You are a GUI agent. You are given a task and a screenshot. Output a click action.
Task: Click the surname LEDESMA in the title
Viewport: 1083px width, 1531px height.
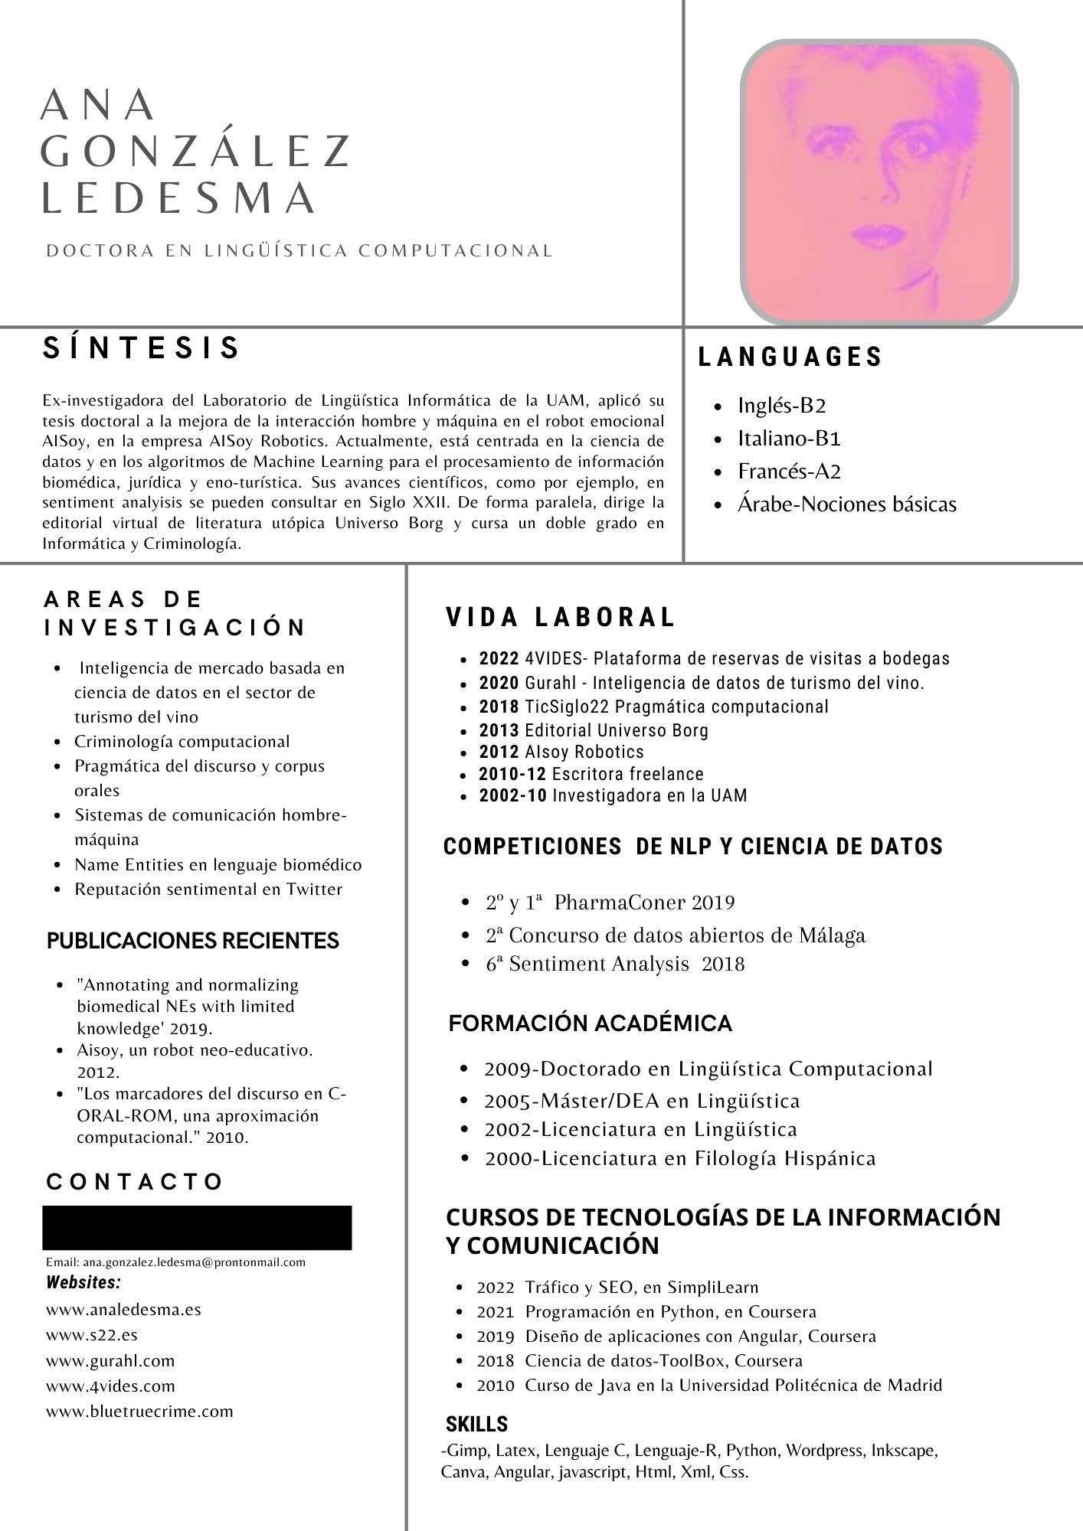click(x=178, y=197)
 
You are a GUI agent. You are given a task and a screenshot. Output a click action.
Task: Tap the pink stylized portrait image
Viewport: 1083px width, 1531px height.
click(x=879, y=181)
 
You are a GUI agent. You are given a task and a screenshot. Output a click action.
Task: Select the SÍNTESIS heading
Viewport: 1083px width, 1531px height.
click(x=142, y=348)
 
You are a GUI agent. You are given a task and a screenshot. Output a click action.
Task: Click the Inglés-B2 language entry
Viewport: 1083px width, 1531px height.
click(x=781, y=406)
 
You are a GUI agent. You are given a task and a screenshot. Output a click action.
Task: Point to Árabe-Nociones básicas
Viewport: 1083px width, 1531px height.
click(x=846, y=504)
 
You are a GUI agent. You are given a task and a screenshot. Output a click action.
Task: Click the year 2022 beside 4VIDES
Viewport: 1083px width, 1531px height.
click(x=499, y=658)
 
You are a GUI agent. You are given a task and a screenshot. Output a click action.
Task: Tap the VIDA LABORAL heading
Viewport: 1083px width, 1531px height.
click(x=561, y=617)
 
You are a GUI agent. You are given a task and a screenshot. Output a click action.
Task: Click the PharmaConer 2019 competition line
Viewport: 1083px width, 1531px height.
click(x=610, y=903)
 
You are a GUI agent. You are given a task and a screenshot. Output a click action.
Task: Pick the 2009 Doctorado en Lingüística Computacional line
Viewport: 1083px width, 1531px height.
click(x=708, y=1069)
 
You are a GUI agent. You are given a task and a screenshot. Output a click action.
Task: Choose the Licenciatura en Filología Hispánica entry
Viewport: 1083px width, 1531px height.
click(x=679, y=1158)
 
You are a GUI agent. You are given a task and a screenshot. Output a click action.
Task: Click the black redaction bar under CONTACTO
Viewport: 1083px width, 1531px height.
click(x=197, y=1227)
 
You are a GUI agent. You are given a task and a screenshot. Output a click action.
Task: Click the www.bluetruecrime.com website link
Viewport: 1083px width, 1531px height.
click(x=139, y=1411)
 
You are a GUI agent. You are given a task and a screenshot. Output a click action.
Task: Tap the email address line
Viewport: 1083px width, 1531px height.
click(x=175, y=1262)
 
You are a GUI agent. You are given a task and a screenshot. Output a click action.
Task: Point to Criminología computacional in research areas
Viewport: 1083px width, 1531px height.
click(x=182, y=742)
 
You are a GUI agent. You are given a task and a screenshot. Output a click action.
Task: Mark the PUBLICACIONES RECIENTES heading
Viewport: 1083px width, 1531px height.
click(x=193, y=941)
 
